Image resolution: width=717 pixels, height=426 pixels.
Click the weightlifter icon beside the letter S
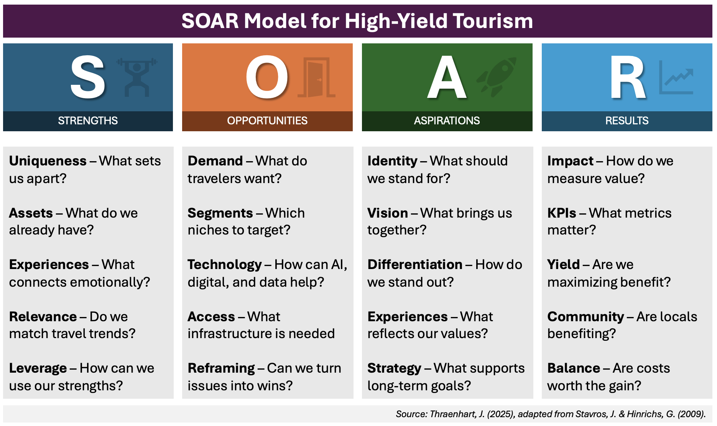click(137, 77)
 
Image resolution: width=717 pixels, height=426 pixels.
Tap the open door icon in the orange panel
click(316, 78)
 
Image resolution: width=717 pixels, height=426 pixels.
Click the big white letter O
click(267, 77)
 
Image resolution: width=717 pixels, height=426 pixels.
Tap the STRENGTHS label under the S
click(88, 121)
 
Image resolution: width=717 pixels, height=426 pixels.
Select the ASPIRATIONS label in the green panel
click(447, 121)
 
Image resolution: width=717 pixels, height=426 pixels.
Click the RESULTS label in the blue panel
click(627, 121)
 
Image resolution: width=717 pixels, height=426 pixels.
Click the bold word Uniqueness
click(48, 161)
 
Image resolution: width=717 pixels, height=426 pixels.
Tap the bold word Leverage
click(38, 368)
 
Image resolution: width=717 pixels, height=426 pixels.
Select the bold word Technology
click(225, 264)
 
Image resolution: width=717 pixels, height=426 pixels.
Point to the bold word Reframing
click(221, 368)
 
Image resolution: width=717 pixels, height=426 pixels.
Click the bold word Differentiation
click(415, 264)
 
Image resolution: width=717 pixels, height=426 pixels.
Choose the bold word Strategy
click(394, 368)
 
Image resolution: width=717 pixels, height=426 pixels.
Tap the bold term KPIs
click(562, 213)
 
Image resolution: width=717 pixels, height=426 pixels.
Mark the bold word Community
click(585, 317)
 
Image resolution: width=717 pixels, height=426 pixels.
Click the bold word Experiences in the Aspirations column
click(408, 317)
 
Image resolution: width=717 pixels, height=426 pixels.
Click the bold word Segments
click(220, 213)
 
